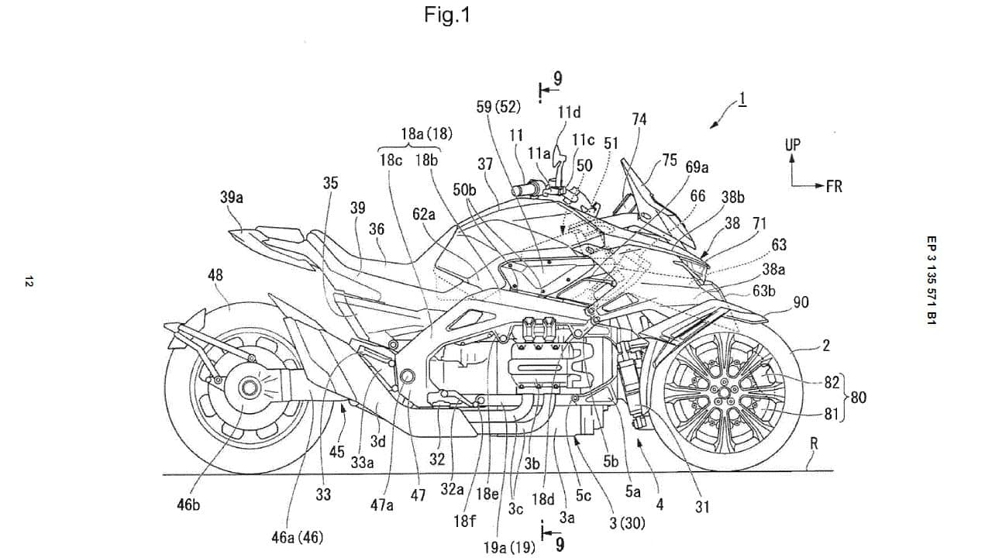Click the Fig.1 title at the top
[447, 14]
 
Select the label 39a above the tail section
[232, 198]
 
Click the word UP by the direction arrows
[792, 145]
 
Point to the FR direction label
[833, 186]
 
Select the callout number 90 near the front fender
[801, 302]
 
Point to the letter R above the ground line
[814, 444]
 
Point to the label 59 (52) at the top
[498, 105]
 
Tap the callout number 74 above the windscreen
[639, 119]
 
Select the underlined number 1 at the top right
[742, 99]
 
